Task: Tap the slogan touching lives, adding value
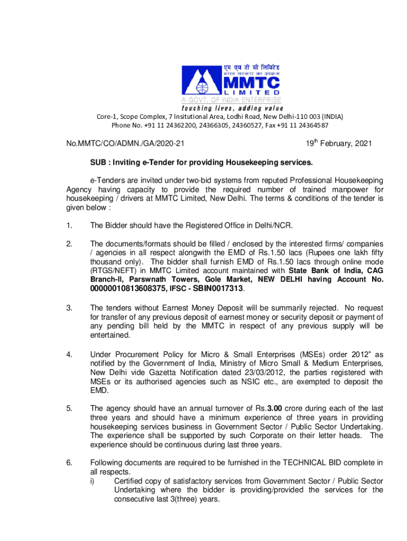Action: (228, 109)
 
